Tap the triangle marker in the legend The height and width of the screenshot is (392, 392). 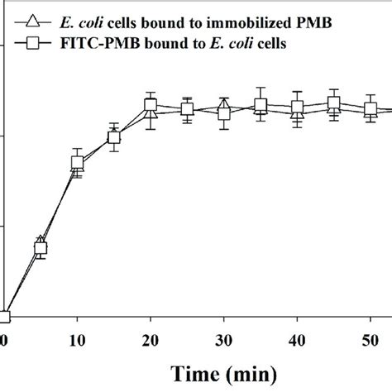34,22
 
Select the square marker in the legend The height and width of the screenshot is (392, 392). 34,45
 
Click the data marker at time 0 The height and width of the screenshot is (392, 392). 3,316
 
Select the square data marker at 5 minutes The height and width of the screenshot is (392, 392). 41,247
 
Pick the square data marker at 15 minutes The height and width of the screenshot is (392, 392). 114,137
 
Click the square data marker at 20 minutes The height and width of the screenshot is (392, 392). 151,105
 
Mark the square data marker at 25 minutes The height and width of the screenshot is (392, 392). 187,109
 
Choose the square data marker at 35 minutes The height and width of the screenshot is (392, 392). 261,105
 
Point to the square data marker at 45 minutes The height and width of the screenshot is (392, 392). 333,103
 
